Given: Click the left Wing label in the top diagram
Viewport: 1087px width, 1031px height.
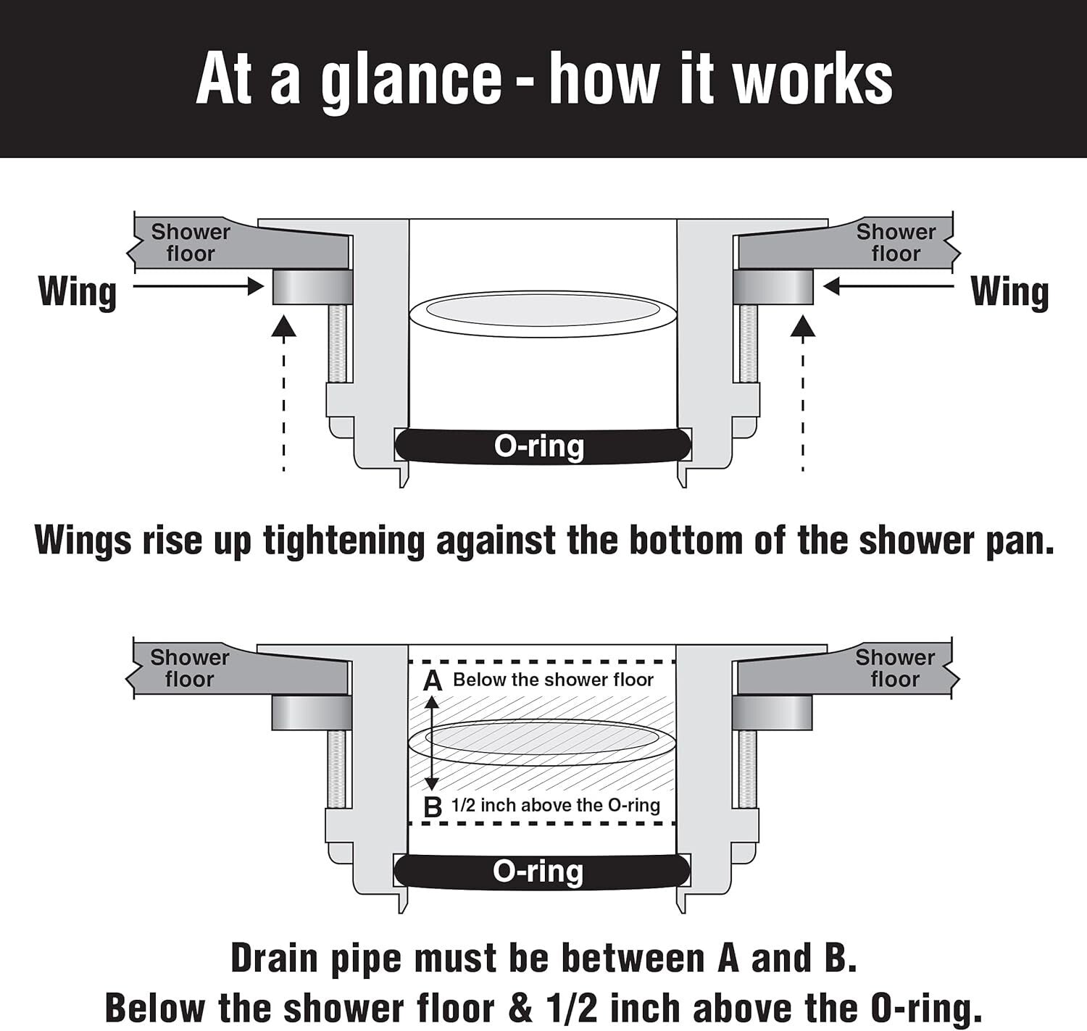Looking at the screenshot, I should pos(78,291).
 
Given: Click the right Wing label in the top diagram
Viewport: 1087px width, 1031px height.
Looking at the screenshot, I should pos(1009,291).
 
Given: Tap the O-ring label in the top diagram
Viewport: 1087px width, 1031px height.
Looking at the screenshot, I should pos(539,446).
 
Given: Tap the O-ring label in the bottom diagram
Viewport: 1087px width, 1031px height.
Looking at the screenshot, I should pos(538,871).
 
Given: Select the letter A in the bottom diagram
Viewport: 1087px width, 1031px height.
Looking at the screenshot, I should pos(433,681).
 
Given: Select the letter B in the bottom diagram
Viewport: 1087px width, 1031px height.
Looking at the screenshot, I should pos(433,806).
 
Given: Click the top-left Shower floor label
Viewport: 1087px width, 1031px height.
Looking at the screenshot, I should pos(191,243).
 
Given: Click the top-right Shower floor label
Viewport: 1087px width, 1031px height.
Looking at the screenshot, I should pos(896,243).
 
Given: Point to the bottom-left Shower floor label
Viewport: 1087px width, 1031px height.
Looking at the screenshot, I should pos(190,668).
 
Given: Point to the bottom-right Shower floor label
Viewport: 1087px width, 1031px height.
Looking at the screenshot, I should pos(895,668).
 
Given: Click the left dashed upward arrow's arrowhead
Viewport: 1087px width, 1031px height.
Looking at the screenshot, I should pos(284,327).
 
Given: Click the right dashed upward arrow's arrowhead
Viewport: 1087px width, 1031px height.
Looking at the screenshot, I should pos(803,327).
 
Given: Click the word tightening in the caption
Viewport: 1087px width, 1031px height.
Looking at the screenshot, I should pos(343,540).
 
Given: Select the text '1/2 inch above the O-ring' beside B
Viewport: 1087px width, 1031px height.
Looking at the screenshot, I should pos(556,805).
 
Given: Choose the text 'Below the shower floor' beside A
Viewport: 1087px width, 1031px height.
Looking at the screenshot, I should pos(553,680).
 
